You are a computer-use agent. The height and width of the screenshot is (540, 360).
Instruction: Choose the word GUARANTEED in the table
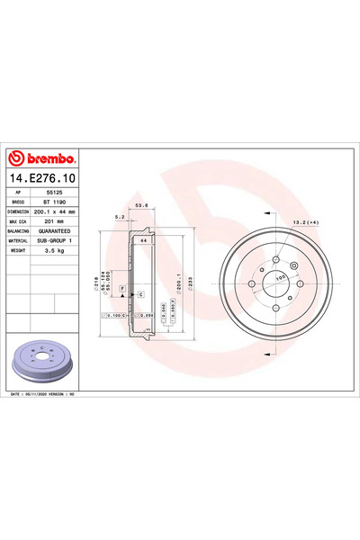click(58, 231)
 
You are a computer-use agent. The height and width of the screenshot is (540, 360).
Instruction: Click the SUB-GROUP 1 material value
click(58, 241)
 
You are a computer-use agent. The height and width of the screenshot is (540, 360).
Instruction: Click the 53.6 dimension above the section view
click(140, 205)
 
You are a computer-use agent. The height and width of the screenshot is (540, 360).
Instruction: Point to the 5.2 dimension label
click(120, 217)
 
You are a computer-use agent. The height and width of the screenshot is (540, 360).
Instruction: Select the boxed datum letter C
click(140, 294)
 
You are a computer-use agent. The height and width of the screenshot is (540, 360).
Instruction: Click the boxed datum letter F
click(121, 286)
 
